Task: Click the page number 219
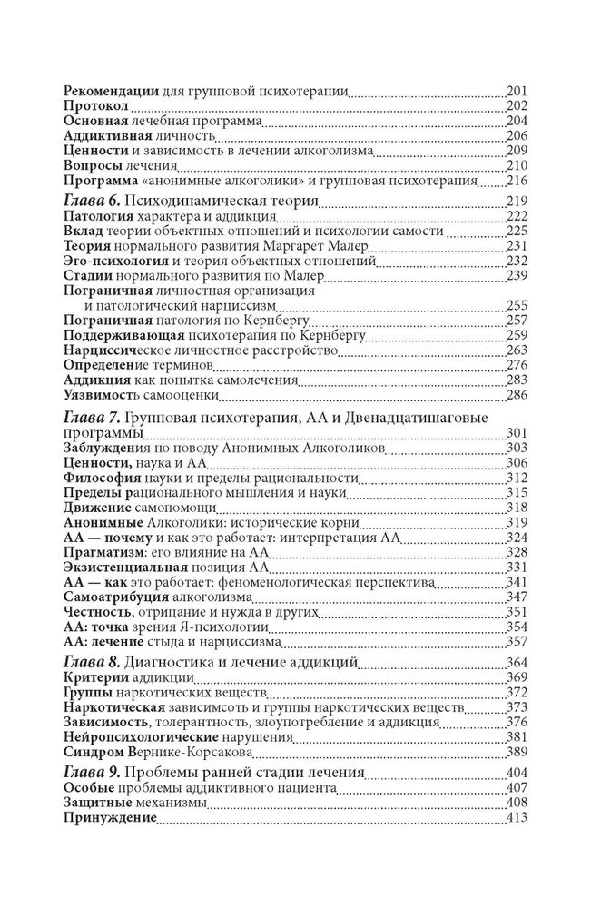pyautogui.click(x=517, y=201)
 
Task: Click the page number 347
pyautogui.click(x=517, y=597)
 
